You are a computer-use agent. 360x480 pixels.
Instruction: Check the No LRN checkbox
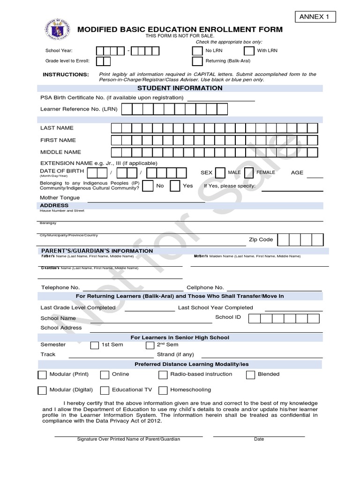[197, 51]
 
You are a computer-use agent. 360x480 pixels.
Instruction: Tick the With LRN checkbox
[249, 51]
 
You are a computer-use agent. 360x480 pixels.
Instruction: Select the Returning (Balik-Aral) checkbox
[197, 61]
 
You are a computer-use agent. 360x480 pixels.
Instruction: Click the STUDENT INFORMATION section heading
[180, 88]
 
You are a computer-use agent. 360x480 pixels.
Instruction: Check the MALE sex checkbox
[220, 172]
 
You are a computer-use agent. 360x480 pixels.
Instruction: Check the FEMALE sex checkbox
[249, 172]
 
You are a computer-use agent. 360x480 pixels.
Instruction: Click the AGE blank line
[315, 177]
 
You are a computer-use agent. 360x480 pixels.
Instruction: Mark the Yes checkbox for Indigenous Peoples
[175, 186]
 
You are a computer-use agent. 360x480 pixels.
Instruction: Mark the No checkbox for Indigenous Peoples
[148, 186]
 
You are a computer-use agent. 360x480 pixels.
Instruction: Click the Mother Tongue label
[60, 197]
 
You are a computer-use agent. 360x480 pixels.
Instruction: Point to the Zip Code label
[261, 240]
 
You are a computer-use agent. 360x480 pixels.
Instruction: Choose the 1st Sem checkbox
[95, 345]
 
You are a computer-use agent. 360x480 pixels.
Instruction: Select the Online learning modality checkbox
[104, 375]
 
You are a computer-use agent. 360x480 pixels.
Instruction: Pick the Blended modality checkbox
[250, 375]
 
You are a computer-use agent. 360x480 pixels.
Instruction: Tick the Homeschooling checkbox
[163, 390]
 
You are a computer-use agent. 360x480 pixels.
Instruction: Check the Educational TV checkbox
[105, 390]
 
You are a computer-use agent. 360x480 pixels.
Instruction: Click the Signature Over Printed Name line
[128, 435]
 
